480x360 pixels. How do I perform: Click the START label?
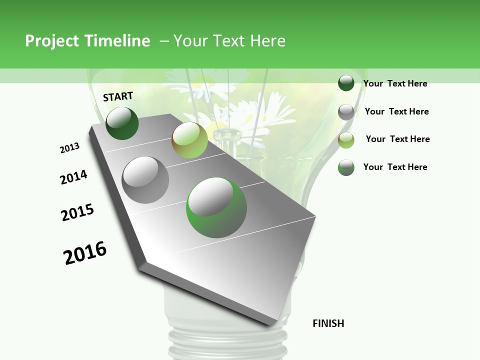point(118,96)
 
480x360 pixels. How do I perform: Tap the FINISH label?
point(328,323)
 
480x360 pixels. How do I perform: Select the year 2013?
point(69,148)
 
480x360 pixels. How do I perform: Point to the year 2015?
point(77,212)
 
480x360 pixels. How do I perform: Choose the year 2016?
point(85,252)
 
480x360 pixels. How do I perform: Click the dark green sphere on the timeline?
point(122,123)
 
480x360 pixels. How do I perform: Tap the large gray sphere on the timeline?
point(145,180)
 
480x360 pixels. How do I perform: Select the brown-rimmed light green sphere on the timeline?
point(189,140)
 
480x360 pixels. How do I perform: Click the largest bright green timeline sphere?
point(216,207)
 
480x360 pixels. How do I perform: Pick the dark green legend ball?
point(346,83)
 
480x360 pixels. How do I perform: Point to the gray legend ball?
point(346,111)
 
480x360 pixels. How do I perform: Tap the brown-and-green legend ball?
point(346,139)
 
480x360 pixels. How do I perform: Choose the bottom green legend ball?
point(346,167)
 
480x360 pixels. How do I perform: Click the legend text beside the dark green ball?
point(395,83)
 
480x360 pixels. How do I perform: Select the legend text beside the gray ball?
point(396,111)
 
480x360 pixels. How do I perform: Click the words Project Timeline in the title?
point(87,41)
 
